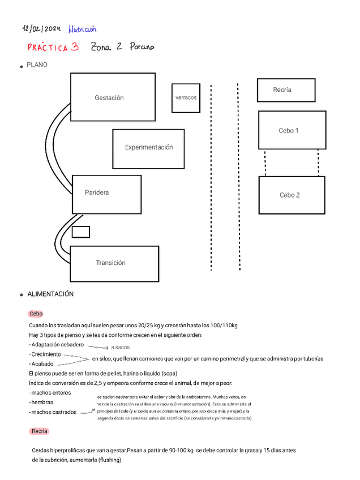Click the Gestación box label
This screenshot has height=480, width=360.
[x=109, y=98]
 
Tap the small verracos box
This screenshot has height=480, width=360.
[x=186, y=97]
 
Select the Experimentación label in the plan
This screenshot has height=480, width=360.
[x=149, y=147]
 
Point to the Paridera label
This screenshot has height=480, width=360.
[x=97, y=192]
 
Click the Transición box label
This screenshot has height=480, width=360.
[x=111, y=263]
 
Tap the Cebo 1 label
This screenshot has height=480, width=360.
[x=289, y=131]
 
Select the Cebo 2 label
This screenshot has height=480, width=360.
[x=290, y=195]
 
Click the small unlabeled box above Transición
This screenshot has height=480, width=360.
[x=81, y=232]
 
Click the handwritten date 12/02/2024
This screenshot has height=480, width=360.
[x=41, y=28]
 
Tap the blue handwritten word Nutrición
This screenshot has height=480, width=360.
[x=82, y=28]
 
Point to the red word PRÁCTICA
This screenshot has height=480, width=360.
[x=48, y=48]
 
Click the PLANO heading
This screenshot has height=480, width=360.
[x=37, y=65]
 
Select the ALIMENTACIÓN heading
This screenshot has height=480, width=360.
[x=50, y=294]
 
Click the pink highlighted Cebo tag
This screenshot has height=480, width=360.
[x=36, y=314]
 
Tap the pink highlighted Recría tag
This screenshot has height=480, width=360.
[x=39, y=431]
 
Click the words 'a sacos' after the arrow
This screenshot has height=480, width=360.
[x=120, y=347]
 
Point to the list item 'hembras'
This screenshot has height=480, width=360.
[x=41, y=402]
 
